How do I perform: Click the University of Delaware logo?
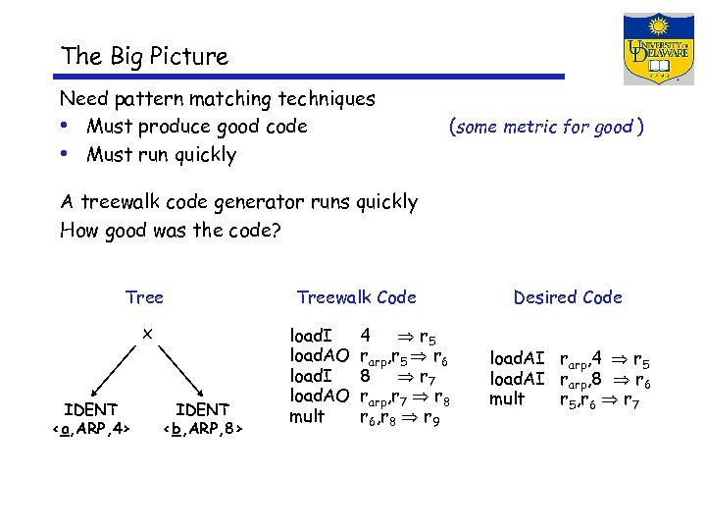click(658, 49)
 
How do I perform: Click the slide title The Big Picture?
click(144, 57)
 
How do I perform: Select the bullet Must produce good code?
click(196, 127)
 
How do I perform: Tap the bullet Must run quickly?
click(161, 154)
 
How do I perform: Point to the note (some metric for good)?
click(545, 127)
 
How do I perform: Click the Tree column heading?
click(144, 297)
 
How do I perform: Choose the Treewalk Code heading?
click(356, 297)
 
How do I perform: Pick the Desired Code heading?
click(567, 297)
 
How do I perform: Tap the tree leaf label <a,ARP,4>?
click(90, 428)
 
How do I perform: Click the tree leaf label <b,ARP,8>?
click(203, 428)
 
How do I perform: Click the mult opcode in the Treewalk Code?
click(306, 417)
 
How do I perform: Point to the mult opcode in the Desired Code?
click(508, 399)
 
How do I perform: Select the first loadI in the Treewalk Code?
click(311, 335)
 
